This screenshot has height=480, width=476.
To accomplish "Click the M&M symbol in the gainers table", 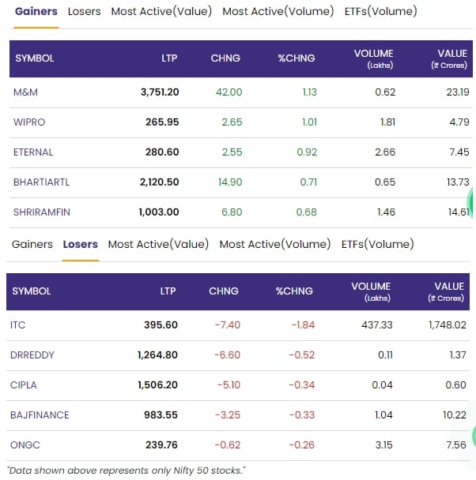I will pyautogui.click(x=25, y=92).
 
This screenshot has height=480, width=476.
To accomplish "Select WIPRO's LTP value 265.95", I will pyautogui.click(x=162, y=122).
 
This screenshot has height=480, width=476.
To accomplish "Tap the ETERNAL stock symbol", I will pyautogui.click(x=32, y=152).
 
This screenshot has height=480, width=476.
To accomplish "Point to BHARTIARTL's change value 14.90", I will pyautogui.click(x=229, y=182).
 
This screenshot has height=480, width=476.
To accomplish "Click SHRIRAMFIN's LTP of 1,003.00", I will pyautogui.click(x=159, y=212).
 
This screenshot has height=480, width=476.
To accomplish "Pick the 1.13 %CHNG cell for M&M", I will pyautogui.click(x=309, y=92).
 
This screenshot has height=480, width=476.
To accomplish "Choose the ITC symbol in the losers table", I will pyautogui.click(x=18, y=325).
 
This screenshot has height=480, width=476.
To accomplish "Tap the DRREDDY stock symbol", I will pyautogui.click(x=32, y=355).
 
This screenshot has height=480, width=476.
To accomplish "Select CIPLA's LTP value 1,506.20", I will pyautogui.click(x=157, y=385).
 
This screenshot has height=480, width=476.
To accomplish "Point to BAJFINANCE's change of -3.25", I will pyautogui.click(x=227, y=415).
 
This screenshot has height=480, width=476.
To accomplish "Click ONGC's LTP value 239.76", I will pyautogui.click(x=161, y=445).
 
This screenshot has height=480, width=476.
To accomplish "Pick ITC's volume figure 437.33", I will pyautogui.click(x=376, y=325).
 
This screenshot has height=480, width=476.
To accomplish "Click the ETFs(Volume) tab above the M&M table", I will pyautogui.click(x=380, y=12).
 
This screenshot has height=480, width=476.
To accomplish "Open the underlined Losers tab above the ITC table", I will pyautogui.click(x=80, y=245).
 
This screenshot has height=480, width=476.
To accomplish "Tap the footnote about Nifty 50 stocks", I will pyautogui.click(x=127, y=471).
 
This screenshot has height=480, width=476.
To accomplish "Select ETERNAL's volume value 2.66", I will pyautogui.click(x=385, y=152).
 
